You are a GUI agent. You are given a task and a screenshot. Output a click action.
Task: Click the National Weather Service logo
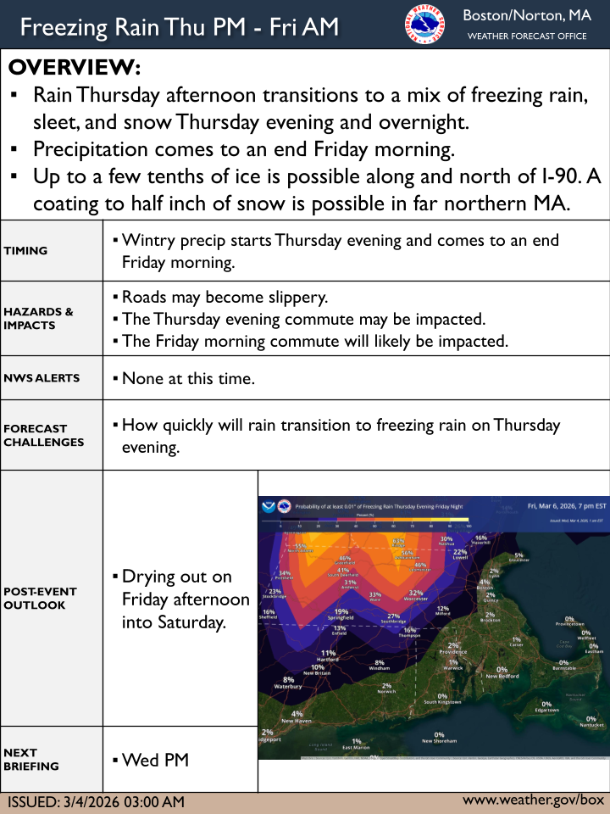[x=424, y=26]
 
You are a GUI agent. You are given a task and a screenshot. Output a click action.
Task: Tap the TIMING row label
[x=26, y=251]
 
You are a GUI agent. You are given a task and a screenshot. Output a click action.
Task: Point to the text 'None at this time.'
[x=188, y=378]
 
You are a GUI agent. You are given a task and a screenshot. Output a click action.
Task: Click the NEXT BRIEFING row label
[x=31, y=759]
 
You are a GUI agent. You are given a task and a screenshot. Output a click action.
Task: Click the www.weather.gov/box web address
[x=533, y=800]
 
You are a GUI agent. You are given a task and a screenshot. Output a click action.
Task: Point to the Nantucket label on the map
[x=591, y=725]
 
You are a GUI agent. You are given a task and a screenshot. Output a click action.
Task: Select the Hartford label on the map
[x=328, y=660]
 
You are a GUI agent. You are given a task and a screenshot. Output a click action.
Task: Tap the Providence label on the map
[x=452, y=652]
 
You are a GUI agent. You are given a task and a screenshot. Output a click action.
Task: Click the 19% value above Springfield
[x=341, y=611]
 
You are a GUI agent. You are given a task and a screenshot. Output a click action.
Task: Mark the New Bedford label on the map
[x=502, y=676]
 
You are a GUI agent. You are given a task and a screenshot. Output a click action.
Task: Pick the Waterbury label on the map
[x=289, y=687]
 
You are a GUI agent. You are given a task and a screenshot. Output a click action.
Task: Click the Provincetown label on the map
[x=570, y=625]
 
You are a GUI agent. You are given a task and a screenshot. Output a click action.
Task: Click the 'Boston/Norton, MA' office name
[x=526, y=16]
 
